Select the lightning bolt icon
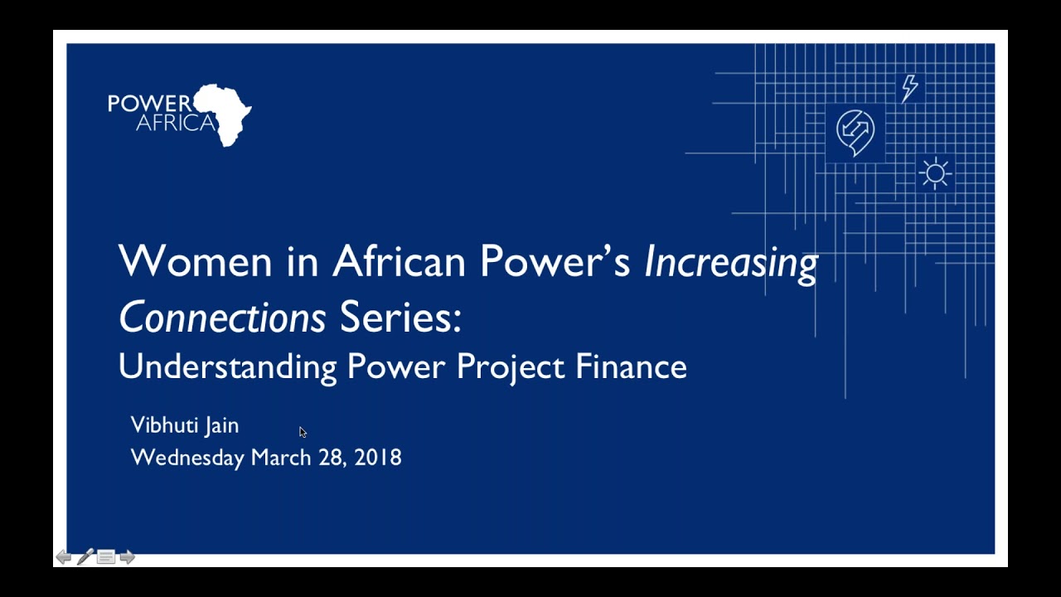point(909,88)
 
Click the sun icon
point(935,173)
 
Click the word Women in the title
point(196,261)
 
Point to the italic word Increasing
point(730,263)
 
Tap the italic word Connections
point(222,318)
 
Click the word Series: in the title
point(400,318)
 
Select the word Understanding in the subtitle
point(227,366)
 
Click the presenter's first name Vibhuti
point(162,425)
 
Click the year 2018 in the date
point(378,458)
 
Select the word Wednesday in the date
point(187,458)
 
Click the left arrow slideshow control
point(64,557)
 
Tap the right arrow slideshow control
point(127,557)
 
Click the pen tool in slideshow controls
point(85,557)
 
